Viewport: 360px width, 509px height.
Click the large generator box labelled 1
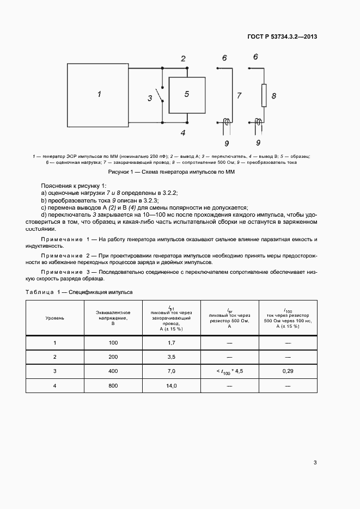pos(98,94)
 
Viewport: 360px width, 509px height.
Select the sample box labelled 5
pos(187,95)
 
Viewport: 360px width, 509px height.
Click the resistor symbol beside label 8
pos(264,95)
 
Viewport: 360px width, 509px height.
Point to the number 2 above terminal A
pos(184,59)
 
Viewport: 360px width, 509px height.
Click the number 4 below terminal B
pos(184,132)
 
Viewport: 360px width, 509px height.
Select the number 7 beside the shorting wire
pos(239,95)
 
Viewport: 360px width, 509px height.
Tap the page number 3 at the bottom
pos(315,463)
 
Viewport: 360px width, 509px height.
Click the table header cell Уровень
pos(54,318)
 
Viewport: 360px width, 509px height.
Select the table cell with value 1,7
pos(171,343)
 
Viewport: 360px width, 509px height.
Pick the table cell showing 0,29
pos(288,371)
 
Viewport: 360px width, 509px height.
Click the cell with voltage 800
pos(113,385)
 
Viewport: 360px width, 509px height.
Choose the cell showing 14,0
pos(171,385)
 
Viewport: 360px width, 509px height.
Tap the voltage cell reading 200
pos(113,357)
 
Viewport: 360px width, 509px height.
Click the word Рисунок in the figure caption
pos(120,173)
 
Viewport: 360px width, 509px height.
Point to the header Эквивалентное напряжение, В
pos(113,318)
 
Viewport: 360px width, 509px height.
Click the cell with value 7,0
pos(171,371)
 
